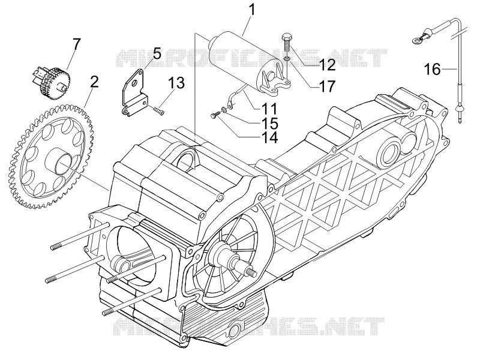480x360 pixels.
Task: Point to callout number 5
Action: [x=157, y=54]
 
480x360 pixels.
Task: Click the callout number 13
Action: [x=176, y=83]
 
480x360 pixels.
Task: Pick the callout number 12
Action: [x=326, y=65]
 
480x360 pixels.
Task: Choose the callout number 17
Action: [x=326, y=86]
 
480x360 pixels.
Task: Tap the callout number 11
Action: [x=269, y=109]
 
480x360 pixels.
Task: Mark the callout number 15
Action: [x=269, y=124]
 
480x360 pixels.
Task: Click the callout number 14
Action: [x=269, y=137]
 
